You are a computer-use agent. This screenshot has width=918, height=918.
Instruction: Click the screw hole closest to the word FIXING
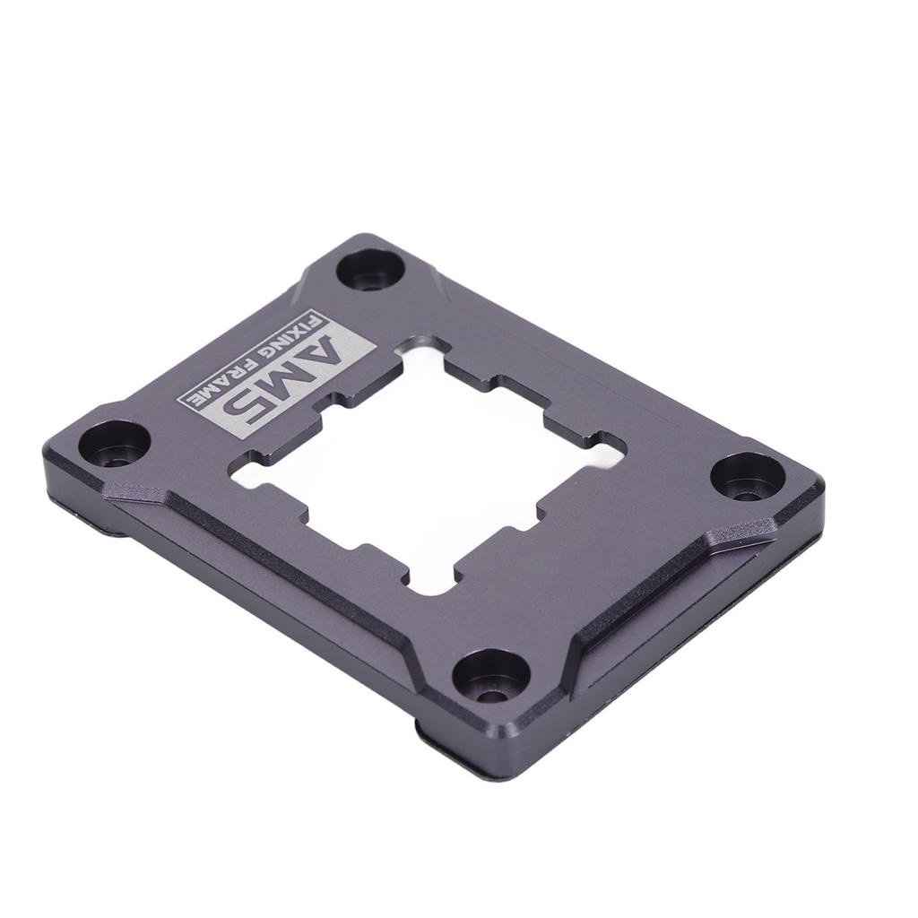[370, 269]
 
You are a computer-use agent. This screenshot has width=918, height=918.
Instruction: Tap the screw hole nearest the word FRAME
[114, 444]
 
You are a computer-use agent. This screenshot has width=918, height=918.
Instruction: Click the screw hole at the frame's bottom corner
[490, 677]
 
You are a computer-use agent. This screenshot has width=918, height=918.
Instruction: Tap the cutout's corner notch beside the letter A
[421, 346]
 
